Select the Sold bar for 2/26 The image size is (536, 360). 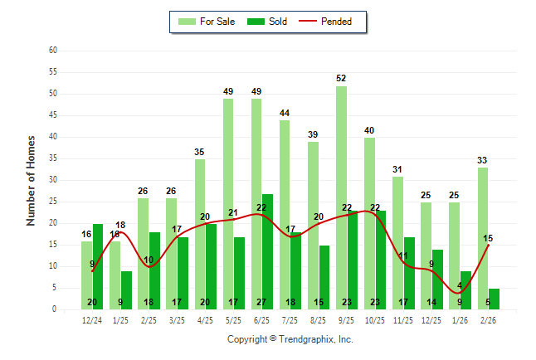point(494,299)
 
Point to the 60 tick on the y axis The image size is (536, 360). point(52,51)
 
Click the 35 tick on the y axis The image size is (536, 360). point(52,158)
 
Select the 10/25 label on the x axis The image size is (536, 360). point(375,319)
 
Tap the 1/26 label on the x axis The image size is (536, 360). point(460,319)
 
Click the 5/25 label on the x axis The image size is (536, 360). point(234,319)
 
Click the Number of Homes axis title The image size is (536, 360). point(31,180)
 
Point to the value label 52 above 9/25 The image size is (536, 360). point(341,78)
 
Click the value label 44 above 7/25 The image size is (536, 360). point(285,113)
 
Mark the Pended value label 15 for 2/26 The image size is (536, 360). point(489,239)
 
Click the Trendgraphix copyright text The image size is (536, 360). point(290,339)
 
